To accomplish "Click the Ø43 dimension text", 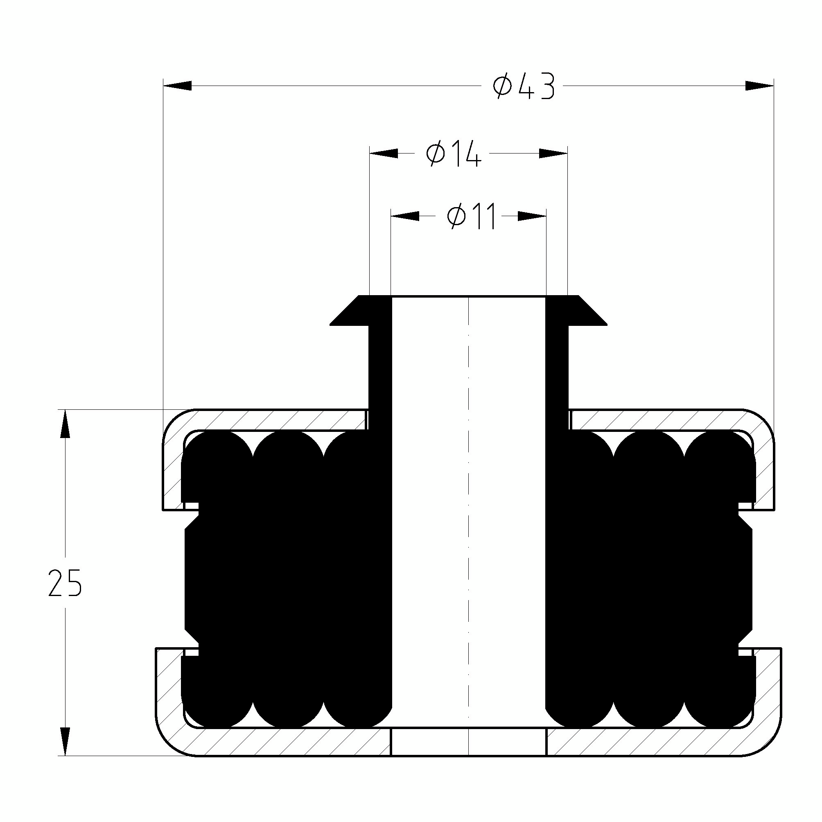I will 524,87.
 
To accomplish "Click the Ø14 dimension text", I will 454,154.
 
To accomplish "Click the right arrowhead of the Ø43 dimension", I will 759,86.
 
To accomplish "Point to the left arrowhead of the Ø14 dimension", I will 384,153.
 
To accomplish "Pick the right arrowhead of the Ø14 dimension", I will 553,153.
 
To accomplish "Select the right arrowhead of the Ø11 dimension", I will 532,216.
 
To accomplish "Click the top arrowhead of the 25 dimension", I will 65,423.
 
